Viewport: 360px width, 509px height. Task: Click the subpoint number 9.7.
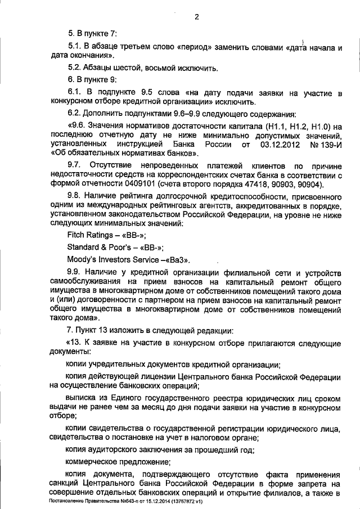coord(74,165)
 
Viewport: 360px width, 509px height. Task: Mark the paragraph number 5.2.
coord(74,67)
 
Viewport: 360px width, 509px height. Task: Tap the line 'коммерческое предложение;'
coord(110,462)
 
